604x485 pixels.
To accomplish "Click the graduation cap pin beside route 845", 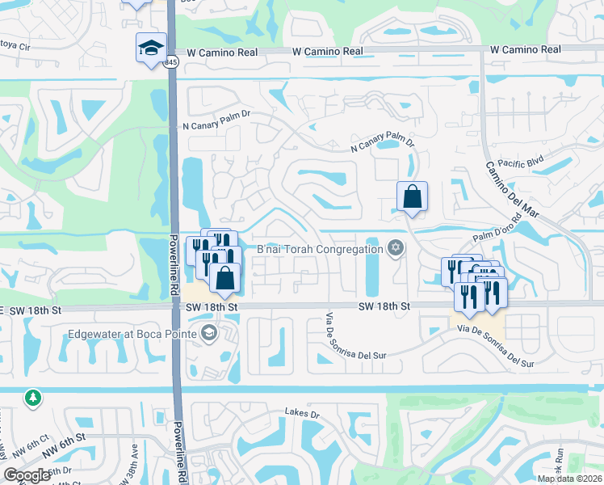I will (x=151, y=48).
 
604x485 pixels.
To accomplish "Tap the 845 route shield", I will (x=170, y=62).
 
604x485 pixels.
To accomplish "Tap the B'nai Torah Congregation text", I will (x=319, y=249).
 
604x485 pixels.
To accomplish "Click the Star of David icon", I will (x=395, y=247).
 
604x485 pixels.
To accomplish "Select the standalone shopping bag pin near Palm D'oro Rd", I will (x=412, y=196).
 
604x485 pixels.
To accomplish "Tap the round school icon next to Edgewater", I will (x=209, y=333).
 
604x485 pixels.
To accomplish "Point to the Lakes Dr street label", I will (x=303, y=413).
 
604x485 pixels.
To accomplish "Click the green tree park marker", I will (x=32, y=399).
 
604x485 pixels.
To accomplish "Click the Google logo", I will (x=27, y=475).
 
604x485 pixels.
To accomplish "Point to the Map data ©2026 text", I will (x=568, y=479).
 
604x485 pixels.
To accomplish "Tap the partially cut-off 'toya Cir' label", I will (x=15, y=48).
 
